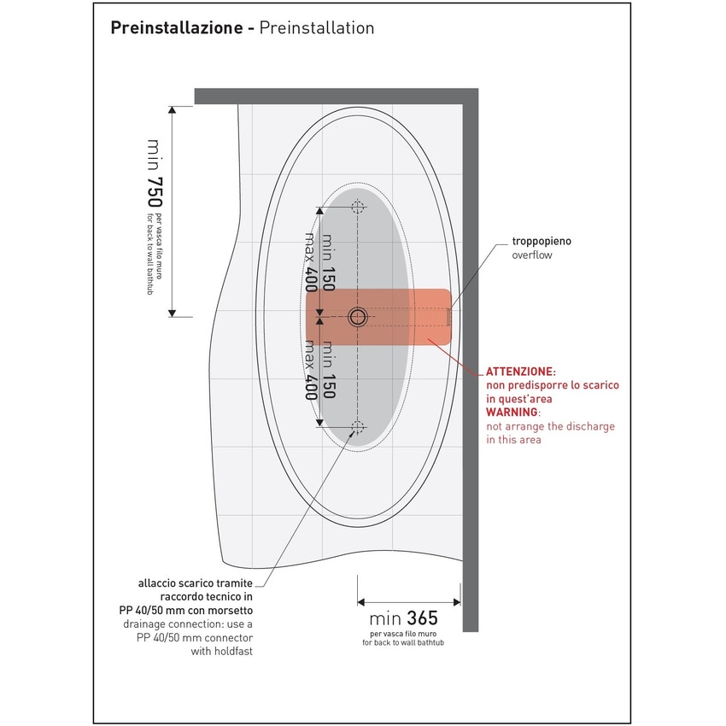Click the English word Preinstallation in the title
click(316, 28)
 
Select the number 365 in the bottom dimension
click(423, 618)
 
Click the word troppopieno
click(542, 242)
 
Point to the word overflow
click(533, 255)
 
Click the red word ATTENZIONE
click(520, 372)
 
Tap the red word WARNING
click(513, 413)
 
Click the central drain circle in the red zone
click(357, 317)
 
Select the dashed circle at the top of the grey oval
click(357, 206)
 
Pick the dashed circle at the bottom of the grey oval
click(357, 428)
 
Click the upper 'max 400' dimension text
click(311, 262)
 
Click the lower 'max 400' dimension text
click(311, 370)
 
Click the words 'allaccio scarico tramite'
click(196, 583)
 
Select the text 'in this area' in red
click(513, 440)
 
